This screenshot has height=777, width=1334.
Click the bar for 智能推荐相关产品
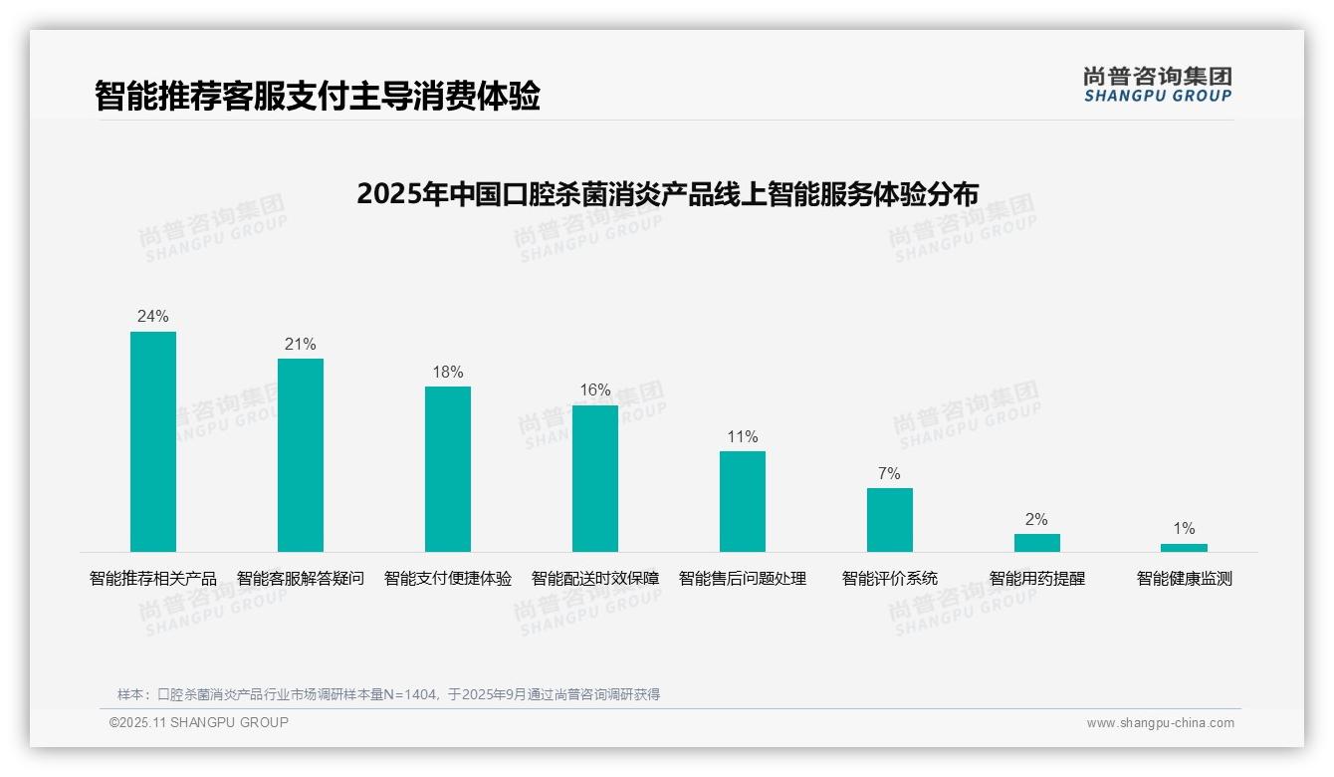pos(153,441)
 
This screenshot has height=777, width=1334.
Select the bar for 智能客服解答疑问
pos(301,455)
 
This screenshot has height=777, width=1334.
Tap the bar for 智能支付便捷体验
pos(448,469)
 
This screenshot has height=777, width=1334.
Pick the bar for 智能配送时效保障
pos(595,478)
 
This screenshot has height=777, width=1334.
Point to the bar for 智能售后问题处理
pos(743,501)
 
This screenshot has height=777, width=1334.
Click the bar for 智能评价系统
pos(890,520)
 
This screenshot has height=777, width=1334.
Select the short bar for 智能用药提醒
pos(1037,543)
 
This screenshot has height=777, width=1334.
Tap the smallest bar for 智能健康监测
pos(1184,548)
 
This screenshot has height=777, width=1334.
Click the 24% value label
pos(153,317)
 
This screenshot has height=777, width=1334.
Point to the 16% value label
pos(595,390)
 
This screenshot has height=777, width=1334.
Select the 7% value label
pos(889,473)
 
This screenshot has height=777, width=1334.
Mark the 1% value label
pos(1184,529)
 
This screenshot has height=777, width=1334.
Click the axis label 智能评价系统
pos(890,579)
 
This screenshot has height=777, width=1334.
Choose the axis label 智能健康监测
pos(1185,579)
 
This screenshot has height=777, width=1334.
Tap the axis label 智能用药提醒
pos(1037,579)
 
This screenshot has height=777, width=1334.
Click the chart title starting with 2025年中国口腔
pos(667,193)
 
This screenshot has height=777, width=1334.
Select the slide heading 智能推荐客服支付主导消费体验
pos(318,96)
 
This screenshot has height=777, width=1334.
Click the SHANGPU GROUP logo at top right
pos(1158,85)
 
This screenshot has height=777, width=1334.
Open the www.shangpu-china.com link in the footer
pos(1160,723)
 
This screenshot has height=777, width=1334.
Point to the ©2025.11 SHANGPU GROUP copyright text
pos(199,722)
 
